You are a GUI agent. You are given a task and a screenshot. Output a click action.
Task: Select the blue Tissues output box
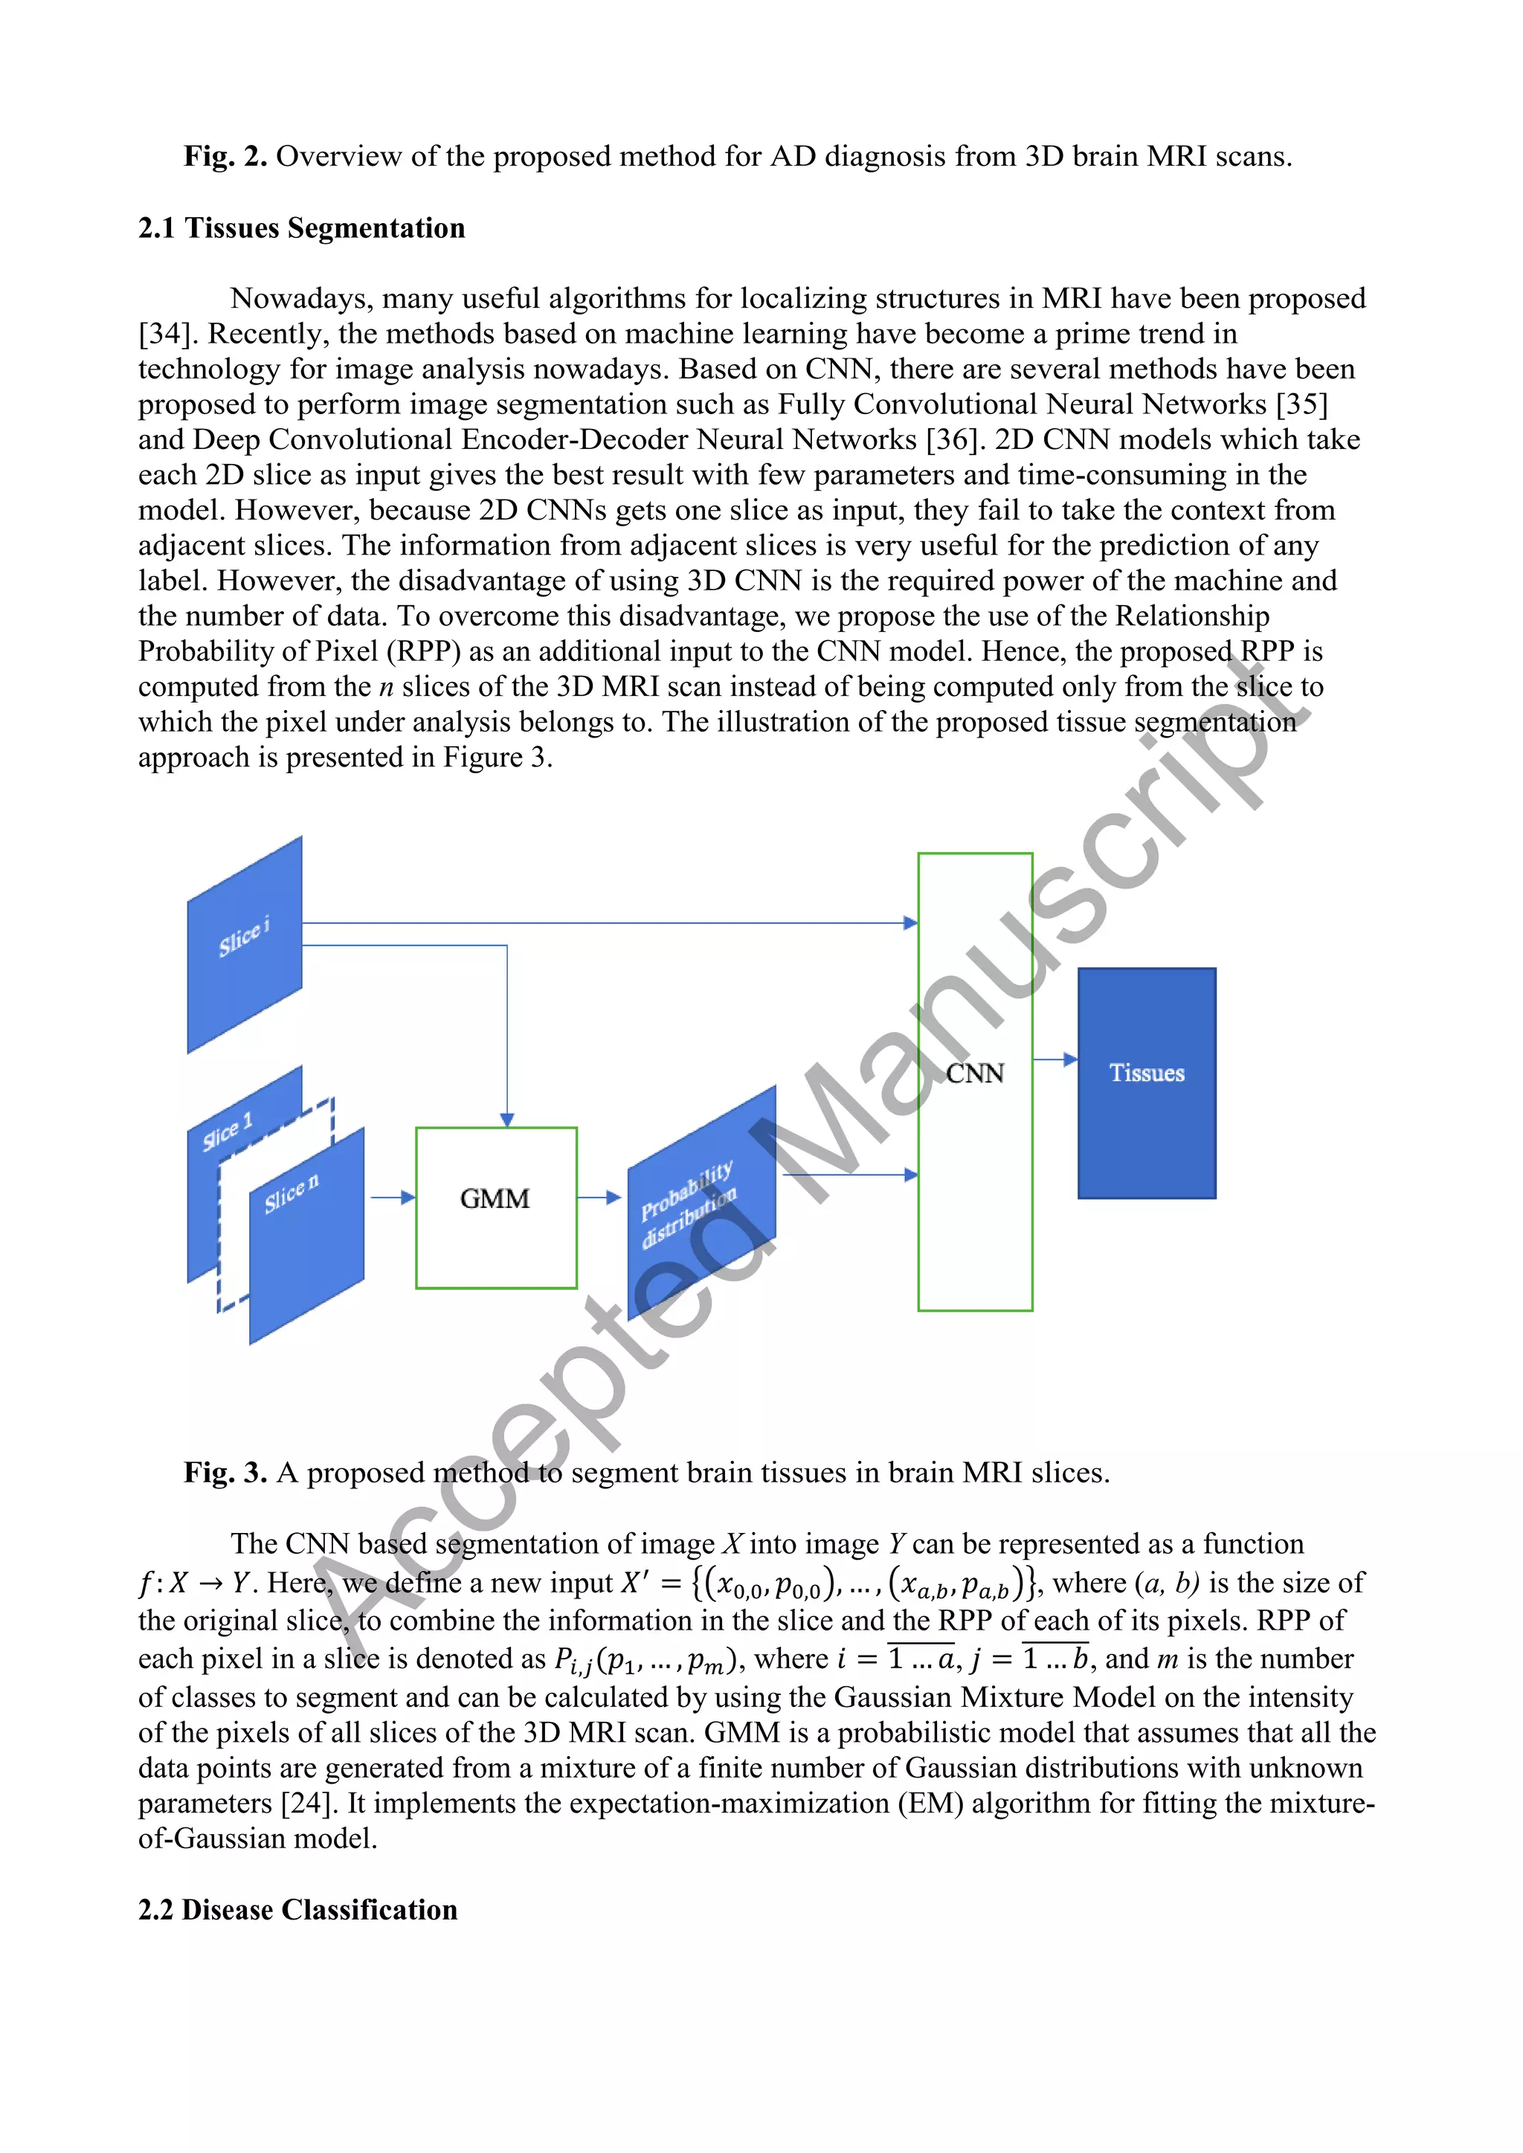pos(1146,1083)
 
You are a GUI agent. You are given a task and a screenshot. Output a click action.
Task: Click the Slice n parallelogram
pos(306,1236)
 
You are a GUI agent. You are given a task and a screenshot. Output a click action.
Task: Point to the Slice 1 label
pos(228,1131)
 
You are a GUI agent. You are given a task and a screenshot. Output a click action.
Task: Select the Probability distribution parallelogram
pos(701,1203)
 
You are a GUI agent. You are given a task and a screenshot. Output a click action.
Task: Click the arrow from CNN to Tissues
pos(1055,1059)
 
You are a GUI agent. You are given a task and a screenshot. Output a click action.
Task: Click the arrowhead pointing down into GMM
pos(507,1119)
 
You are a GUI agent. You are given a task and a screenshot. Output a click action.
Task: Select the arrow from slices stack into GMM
pos(392,1198)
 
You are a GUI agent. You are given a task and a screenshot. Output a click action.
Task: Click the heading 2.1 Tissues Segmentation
pos(301,228)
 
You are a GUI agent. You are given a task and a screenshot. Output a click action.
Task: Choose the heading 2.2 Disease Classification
pos(297,1909)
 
